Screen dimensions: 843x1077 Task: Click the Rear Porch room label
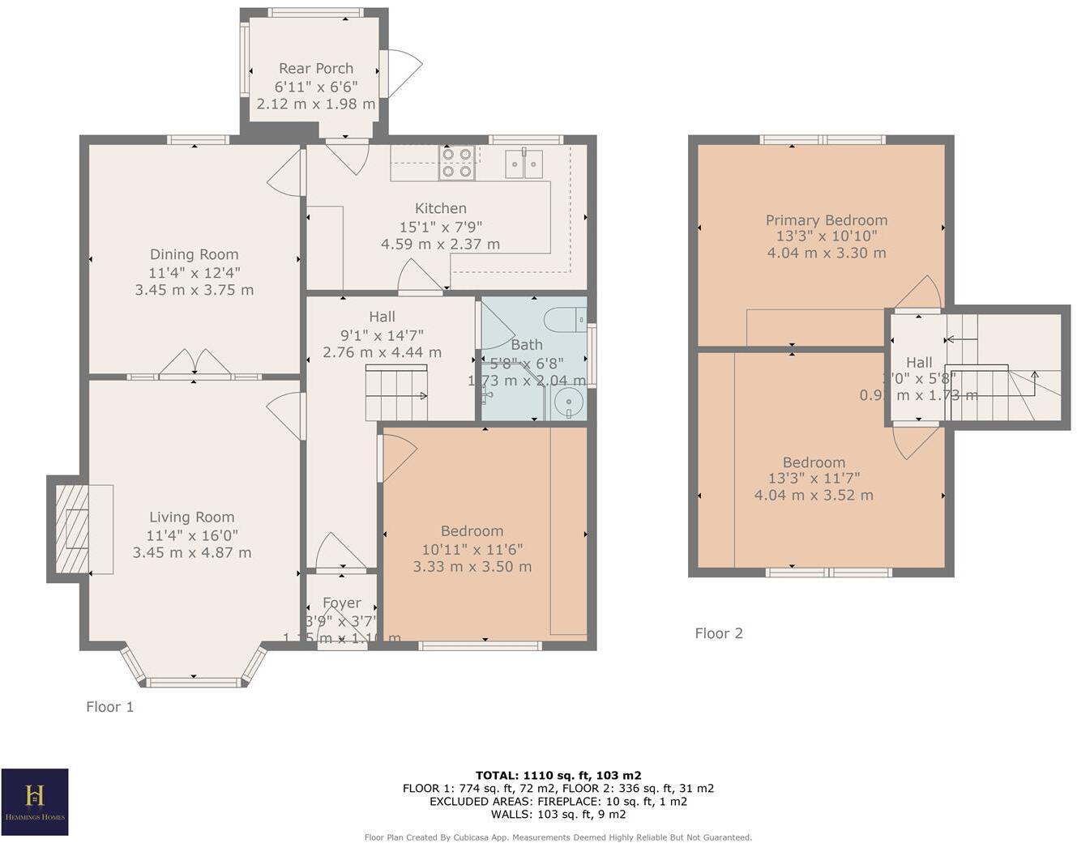pyautogui.click(x=316, y=69)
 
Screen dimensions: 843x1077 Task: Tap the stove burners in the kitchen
pyautogui.click(x=456, y=162)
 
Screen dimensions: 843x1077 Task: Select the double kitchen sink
pyautogui.click(x=524, y=163)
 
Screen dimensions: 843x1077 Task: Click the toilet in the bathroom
pyautogui.click(x=564, y=321)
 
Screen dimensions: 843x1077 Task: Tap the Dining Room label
pyautogui.click(x=194, y=254)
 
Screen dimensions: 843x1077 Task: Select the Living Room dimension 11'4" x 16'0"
pyautogui.click(x=192, y=535)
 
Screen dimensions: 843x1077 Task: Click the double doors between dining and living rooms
pyautogui.click(x=194, y=364)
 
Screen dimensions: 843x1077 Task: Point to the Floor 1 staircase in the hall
pyautogui.click(x=396, y=394)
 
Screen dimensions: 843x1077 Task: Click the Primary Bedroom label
pyautogui.click(x=827, y=220)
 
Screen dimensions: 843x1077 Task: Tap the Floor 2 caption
pyautogui.click(x=719, y=633)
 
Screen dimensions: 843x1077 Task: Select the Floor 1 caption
pyautogui.click(x=110, y=707)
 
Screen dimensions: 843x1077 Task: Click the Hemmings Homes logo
pyautogui.click(x=35, y=802)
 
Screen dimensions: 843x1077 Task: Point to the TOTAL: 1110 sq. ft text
pyautogui.click(x=558, y=775)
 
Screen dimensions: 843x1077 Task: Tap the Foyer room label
pyautogui.click(x=342, y=603)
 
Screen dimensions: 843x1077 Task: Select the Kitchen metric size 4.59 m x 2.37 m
pyautogui.click(x=440, y=244)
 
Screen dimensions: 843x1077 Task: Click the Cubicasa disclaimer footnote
pyautogui.click(x=558, y=837)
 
